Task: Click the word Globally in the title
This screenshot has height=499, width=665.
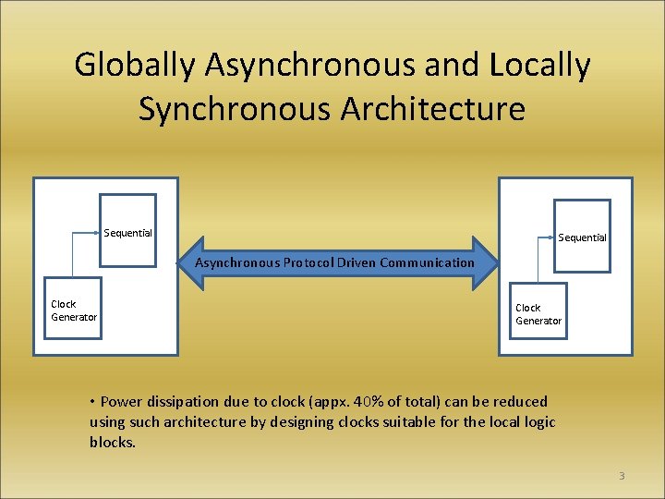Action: tap(136, 66)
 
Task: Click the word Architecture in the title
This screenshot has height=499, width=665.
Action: tap(433, 109)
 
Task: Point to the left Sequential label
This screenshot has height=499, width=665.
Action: tap(127, 233)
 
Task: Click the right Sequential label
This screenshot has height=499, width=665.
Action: tap(582, 237)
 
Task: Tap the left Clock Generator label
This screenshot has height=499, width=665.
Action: tap(73, 310)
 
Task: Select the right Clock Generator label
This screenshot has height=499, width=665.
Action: tap(538, 314)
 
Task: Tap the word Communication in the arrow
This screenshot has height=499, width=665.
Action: tap(426, 262)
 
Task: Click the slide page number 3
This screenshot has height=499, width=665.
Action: tap(622, 476)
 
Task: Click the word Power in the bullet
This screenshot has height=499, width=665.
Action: tap(121, 401)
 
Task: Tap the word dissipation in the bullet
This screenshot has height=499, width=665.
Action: tap(182, 401)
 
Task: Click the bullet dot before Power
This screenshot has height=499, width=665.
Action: tap(93, 401)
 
